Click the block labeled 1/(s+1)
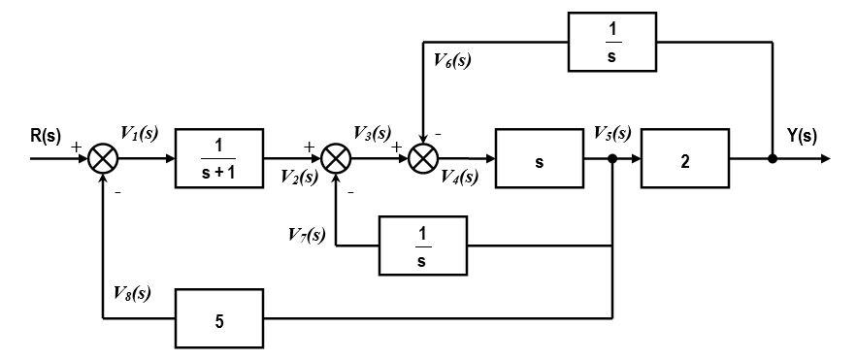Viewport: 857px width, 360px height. click(x=219, y=157)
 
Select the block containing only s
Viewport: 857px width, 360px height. click(x=538, y=159)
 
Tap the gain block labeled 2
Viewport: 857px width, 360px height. click(x=684, y=159)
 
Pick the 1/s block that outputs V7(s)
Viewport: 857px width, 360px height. click(x=423, y=246)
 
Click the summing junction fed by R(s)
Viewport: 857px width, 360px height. click(x=103, y=158)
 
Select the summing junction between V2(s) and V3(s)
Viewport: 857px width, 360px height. click(x=336, y=158)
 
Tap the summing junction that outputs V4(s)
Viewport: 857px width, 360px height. click(x=423, y=158)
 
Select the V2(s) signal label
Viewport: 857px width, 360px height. click(x=299, y=176)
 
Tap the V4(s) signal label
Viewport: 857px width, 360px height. click(x=459, y=177)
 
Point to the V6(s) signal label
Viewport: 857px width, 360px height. click(x=452, y=60)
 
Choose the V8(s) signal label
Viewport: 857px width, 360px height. click(x=131, y=292)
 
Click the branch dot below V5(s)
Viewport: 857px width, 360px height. click(x=612, y=158)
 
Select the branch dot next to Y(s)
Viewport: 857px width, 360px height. click(x=773, y=158)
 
